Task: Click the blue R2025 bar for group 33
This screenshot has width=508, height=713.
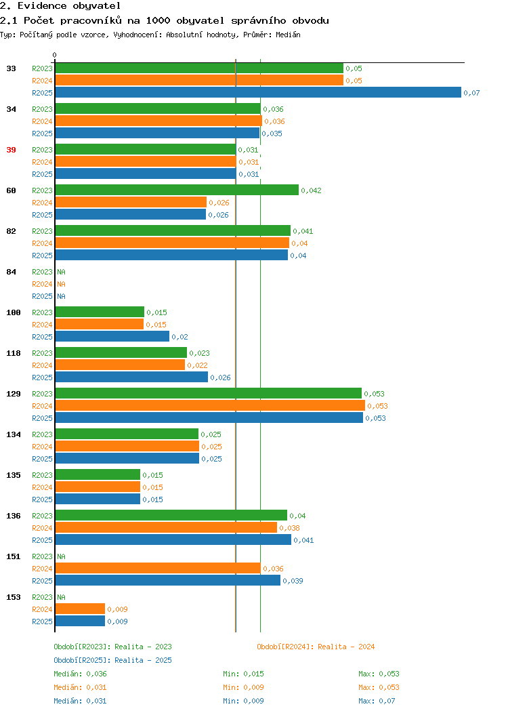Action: (258, 92)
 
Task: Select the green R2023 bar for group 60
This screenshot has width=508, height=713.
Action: (177, 190)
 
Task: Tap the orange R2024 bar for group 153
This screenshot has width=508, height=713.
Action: (80, 609)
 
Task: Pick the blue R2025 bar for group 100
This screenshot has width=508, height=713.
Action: (112, 336)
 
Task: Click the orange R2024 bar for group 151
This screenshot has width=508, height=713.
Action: (158, 569)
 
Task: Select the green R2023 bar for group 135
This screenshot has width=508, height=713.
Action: (98, 474)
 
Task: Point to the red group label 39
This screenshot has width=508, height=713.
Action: (12, 150)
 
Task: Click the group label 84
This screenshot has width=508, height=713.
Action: (12, 272)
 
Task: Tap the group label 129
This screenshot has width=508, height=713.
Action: (14, 393)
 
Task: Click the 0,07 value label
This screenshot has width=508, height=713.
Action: (471, 93)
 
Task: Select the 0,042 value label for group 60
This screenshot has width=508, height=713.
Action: (312, 190)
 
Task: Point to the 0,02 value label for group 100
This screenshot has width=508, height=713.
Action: (179, 337)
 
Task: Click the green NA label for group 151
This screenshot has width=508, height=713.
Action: (62, 556)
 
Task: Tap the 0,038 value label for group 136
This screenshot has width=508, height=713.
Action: (289, 528)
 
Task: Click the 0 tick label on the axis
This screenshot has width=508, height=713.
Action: (55, 55)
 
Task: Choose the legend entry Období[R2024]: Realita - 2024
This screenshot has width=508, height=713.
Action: (316, 647)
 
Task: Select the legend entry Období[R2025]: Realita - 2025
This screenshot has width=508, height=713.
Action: (112, 660)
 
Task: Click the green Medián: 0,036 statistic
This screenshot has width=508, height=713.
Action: (80, 674)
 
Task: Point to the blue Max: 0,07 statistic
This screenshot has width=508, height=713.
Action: (377, 701)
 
